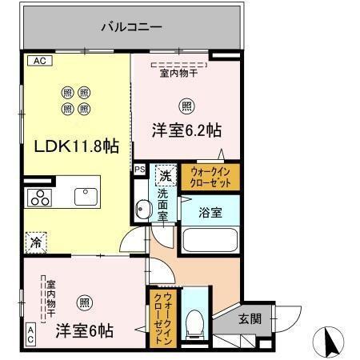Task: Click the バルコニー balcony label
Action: pos(132,26)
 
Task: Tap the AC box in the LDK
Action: pos(37,60)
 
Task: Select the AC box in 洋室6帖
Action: pos(30,333)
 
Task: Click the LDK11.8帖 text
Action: pos(76,146)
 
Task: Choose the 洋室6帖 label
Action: pos(84,330)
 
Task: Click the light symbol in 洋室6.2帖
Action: pos(186,105)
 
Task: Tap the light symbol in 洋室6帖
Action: pos(84,302)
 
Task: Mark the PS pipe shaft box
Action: pos(139,170)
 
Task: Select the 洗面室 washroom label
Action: pos(162,204)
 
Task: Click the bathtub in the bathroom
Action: pos(209,241)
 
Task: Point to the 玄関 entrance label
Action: pos(250,318)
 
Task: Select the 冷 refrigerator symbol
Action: pos(36,239)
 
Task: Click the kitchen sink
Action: pos(86,196)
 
